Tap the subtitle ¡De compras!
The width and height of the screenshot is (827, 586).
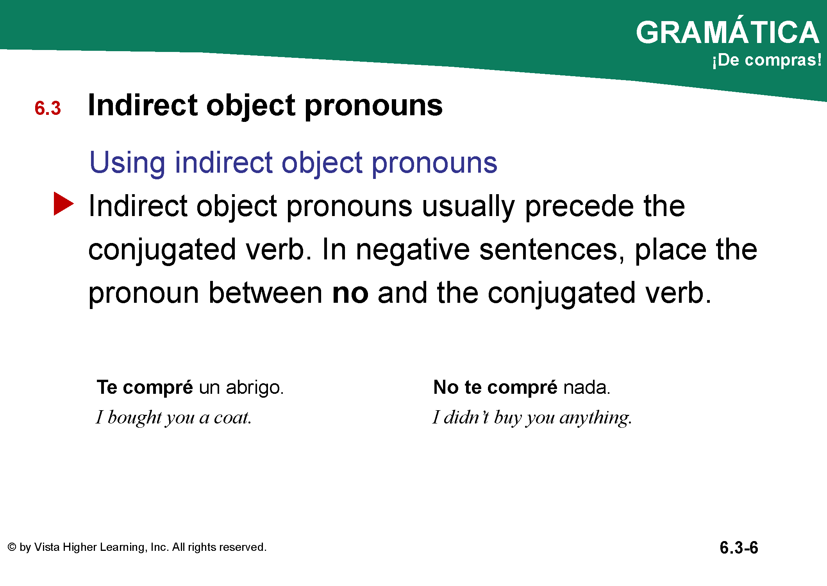766,60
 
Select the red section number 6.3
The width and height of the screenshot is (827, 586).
48,108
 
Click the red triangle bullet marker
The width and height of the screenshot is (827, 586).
64,204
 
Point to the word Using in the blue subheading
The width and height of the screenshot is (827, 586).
127,163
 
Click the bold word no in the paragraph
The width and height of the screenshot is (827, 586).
350,293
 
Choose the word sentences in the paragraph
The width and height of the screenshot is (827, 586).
551,250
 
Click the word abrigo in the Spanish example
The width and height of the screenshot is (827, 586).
254,388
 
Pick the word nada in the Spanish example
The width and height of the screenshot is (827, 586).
586,388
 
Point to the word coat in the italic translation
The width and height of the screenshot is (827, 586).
232,418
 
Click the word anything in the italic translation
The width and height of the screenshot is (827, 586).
596,418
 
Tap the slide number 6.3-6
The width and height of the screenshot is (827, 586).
739,547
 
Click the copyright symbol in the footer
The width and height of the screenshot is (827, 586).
12,547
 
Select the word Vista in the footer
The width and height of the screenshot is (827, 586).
47,547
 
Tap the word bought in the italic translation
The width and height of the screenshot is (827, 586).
134,418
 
